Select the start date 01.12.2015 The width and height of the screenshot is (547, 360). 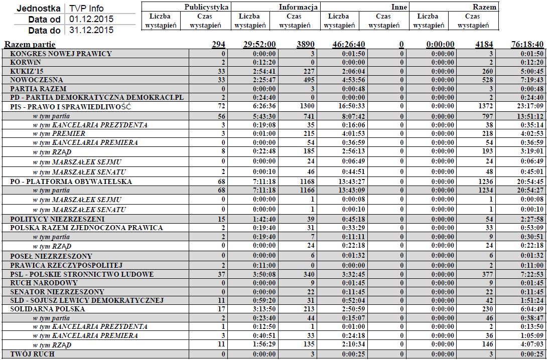pos(91,20)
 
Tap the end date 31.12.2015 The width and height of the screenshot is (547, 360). pos(91,30)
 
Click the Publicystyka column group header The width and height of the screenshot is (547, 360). pos(207,7)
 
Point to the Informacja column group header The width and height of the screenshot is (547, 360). pos(299,7)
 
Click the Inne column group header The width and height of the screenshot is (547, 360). pos(399,7)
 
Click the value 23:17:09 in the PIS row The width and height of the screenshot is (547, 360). pos(530,107)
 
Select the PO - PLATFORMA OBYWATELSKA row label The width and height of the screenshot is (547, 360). pos(71,182)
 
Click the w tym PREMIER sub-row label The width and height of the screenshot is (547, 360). pos(59,134)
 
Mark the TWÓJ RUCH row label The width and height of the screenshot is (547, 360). pos(32,354)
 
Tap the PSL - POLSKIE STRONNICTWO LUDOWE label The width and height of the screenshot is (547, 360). pos(82,274)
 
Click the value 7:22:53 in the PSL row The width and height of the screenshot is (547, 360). pos(532,274)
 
